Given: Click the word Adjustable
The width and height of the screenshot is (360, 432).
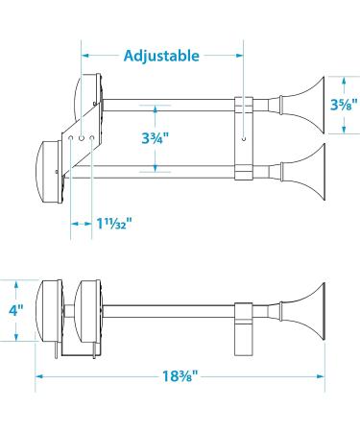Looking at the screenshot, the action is (x=161, y=56).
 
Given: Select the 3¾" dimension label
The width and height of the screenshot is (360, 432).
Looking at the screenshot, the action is (x=156, y=138).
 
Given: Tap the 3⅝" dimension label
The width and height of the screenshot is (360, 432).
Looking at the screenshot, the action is (x=345, y=104).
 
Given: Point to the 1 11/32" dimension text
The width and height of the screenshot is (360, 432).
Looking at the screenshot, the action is (x=114, y=224).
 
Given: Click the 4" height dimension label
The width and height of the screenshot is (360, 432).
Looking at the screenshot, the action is (x=16, y=310).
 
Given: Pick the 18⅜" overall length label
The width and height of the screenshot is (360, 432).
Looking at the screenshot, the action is (x=180, y=376).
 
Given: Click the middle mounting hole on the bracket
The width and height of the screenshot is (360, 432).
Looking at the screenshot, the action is (x=82, y=138).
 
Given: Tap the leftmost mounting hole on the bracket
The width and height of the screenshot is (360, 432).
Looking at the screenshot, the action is (x=71, y=138).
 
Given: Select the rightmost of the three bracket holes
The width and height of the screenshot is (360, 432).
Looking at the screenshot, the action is (x=92, y=138).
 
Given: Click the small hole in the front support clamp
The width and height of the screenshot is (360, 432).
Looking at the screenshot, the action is (x=244, y=139).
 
